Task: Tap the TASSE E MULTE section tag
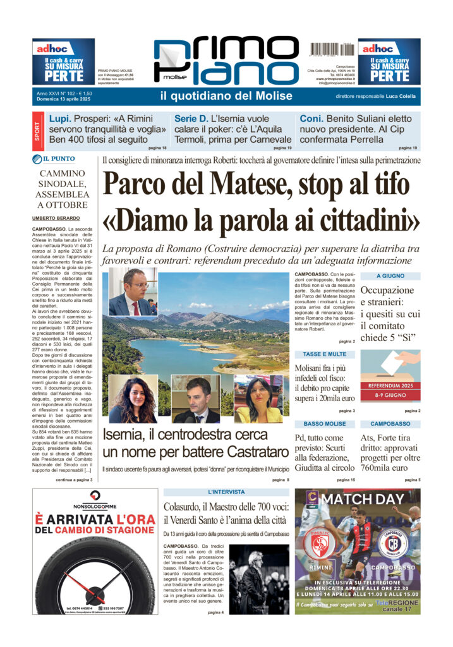[x=325, y=354]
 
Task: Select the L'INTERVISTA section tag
[x=226, y=492]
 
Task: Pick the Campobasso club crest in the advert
[x=392, y=543]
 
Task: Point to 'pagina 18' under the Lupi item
[x=157, y=147]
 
